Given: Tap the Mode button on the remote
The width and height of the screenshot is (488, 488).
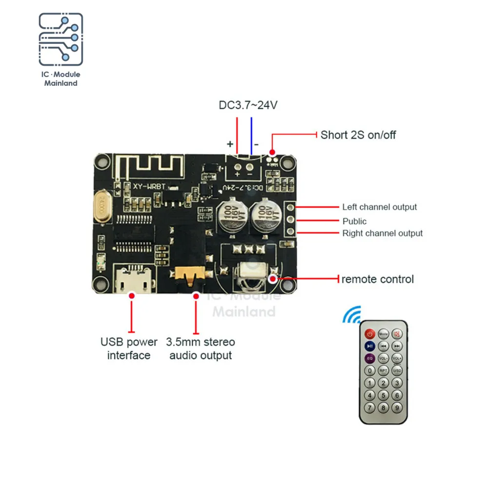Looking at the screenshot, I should point(384,334).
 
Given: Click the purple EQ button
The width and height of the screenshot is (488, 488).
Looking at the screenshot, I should point(370,358).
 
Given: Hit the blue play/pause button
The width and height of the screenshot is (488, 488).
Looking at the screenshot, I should point(370,346).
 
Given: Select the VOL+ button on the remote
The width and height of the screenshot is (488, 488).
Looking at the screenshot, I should point(397,358).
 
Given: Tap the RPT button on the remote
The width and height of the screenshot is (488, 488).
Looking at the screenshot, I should point(384,370).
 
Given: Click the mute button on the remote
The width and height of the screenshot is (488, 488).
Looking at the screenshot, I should point(397,334).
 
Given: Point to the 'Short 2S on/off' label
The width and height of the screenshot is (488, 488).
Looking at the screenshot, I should point(358,135).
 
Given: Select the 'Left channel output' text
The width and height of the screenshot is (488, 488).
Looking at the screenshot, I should point(379,207).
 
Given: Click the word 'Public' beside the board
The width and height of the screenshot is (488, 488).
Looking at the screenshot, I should point(354,221).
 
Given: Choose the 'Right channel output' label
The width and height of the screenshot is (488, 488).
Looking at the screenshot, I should point(382,233).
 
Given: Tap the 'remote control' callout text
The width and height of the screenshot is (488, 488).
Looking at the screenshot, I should point(377,279).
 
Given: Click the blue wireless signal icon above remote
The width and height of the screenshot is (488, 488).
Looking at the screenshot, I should point(351,315).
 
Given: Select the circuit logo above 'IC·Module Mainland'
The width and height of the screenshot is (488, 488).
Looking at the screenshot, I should point(61,40).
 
